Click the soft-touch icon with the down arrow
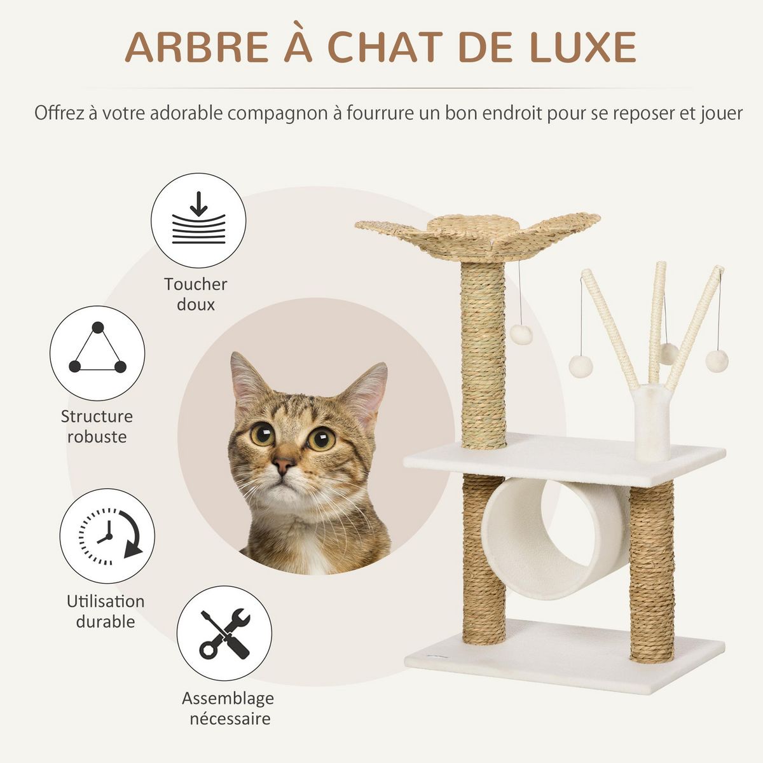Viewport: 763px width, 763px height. point(198,220)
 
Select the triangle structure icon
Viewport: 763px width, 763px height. point(97,352)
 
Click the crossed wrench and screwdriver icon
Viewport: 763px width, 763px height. point(224,633)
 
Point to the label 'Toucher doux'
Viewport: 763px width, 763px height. point(195,294)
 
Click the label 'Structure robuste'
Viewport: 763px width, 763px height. point(97,427)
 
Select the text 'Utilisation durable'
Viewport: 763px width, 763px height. point(106,611)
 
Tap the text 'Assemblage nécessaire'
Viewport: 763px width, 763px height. point(228,708)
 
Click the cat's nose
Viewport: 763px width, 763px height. point(284,464)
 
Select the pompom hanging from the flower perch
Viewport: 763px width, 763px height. point(521,334)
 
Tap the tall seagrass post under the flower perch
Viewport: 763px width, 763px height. point(483,356)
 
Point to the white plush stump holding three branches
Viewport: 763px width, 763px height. point(652,423)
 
